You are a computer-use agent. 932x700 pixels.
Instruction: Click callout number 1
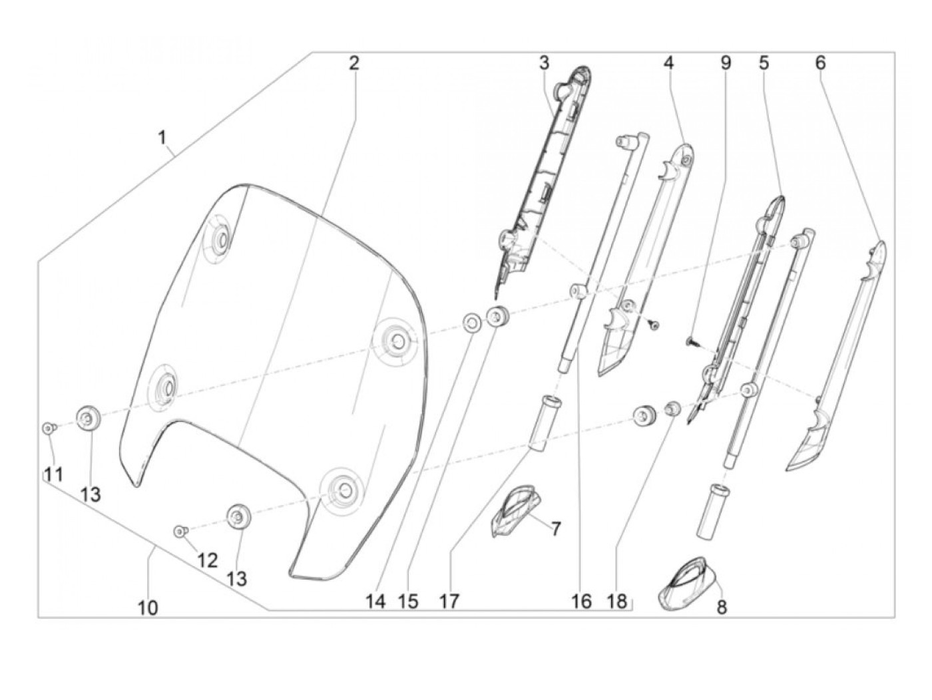(x=162, y=138)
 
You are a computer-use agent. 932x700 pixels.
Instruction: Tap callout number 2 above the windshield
(x=354, y=63)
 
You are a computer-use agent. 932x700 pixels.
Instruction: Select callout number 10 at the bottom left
(x=148, y=608)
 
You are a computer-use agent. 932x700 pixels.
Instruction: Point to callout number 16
(x=581, y=602)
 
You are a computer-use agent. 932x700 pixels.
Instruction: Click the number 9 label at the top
(x=725, y=63)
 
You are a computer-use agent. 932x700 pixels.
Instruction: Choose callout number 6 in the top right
(x=820, y=63)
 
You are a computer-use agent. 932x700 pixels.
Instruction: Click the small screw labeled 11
(x=48, y=428)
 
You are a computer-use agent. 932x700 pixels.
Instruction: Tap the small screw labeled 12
(x=178, y=530)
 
